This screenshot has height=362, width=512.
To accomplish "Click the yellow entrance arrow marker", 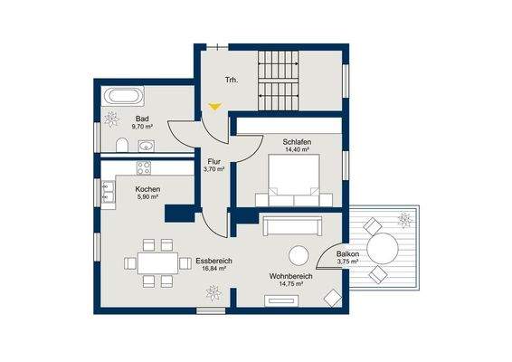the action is [x=215, y=107].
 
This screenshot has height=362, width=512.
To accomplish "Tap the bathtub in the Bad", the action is [x=122, y=96].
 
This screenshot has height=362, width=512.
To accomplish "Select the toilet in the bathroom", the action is [x=122, y=145].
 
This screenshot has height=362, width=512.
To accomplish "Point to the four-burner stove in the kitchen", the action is [x=144, y=168].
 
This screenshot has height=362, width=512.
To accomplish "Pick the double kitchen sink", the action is [x=108, y=192].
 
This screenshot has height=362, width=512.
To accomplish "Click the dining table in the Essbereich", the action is [x=157, y=263].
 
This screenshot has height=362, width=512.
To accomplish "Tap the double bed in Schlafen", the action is [x=294, y=180].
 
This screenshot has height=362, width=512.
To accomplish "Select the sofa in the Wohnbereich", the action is [x=292, y=225].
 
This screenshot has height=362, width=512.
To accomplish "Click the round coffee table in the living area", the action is [x=299, y=255].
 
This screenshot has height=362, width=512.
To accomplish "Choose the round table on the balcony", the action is [x=383, y=249].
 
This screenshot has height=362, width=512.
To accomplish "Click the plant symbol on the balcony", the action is [x=405, y=220].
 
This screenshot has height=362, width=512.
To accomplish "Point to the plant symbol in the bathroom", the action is [x=111, y=119].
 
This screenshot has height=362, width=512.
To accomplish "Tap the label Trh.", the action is [x=232, y=80].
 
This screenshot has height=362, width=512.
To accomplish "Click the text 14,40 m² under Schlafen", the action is [x=297, y=149].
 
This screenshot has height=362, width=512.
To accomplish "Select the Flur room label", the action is [x=213, y=162].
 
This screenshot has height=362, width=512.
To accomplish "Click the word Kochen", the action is [x=147, y=189].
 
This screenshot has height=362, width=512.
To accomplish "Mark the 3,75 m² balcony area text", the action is [x=347, y=262].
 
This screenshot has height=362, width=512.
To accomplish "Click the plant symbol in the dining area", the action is [x=213, y=293].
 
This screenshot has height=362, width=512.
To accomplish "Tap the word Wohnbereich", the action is [x=291, y=276].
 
